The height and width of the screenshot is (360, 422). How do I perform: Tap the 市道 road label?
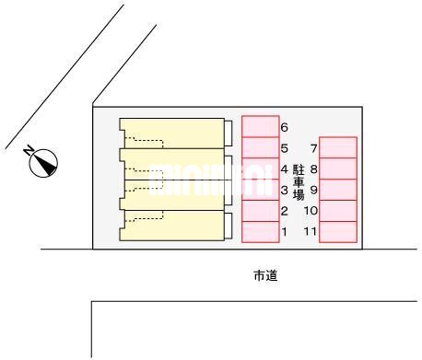(x=266, y=274)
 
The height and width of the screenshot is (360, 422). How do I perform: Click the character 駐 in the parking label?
(x=299, y=169)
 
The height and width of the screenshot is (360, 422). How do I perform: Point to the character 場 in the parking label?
(x=299, y=195)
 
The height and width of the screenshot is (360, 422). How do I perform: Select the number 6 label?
(x=285, y=128)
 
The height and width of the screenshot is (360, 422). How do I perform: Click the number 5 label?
(x=285, y=148)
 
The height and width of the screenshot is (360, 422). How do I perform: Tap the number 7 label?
(x=313, y=148)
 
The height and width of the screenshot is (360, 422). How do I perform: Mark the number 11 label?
(x=311, y=232)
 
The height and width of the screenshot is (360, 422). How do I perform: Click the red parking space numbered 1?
(x=260, y=232)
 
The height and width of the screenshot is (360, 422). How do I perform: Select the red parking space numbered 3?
(x=260, y=190)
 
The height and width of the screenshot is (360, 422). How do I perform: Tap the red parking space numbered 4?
(x=260, y=168)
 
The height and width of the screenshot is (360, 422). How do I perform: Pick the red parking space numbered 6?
(x=260, y=126)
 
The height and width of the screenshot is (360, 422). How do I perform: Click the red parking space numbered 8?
(x=338, y=168)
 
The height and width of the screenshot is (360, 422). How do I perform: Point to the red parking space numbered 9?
(x=338, y=190)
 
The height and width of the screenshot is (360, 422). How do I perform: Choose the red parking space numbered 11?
(x=338, y=232)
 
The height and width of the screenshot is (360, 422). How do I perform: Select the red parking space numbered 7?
(x=338, y=147)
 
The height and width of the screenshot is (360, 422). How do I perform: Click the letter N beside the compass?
(x=30, y=149)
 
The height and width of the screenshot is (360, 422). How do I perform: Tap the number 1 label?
(x=285, y=232)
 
